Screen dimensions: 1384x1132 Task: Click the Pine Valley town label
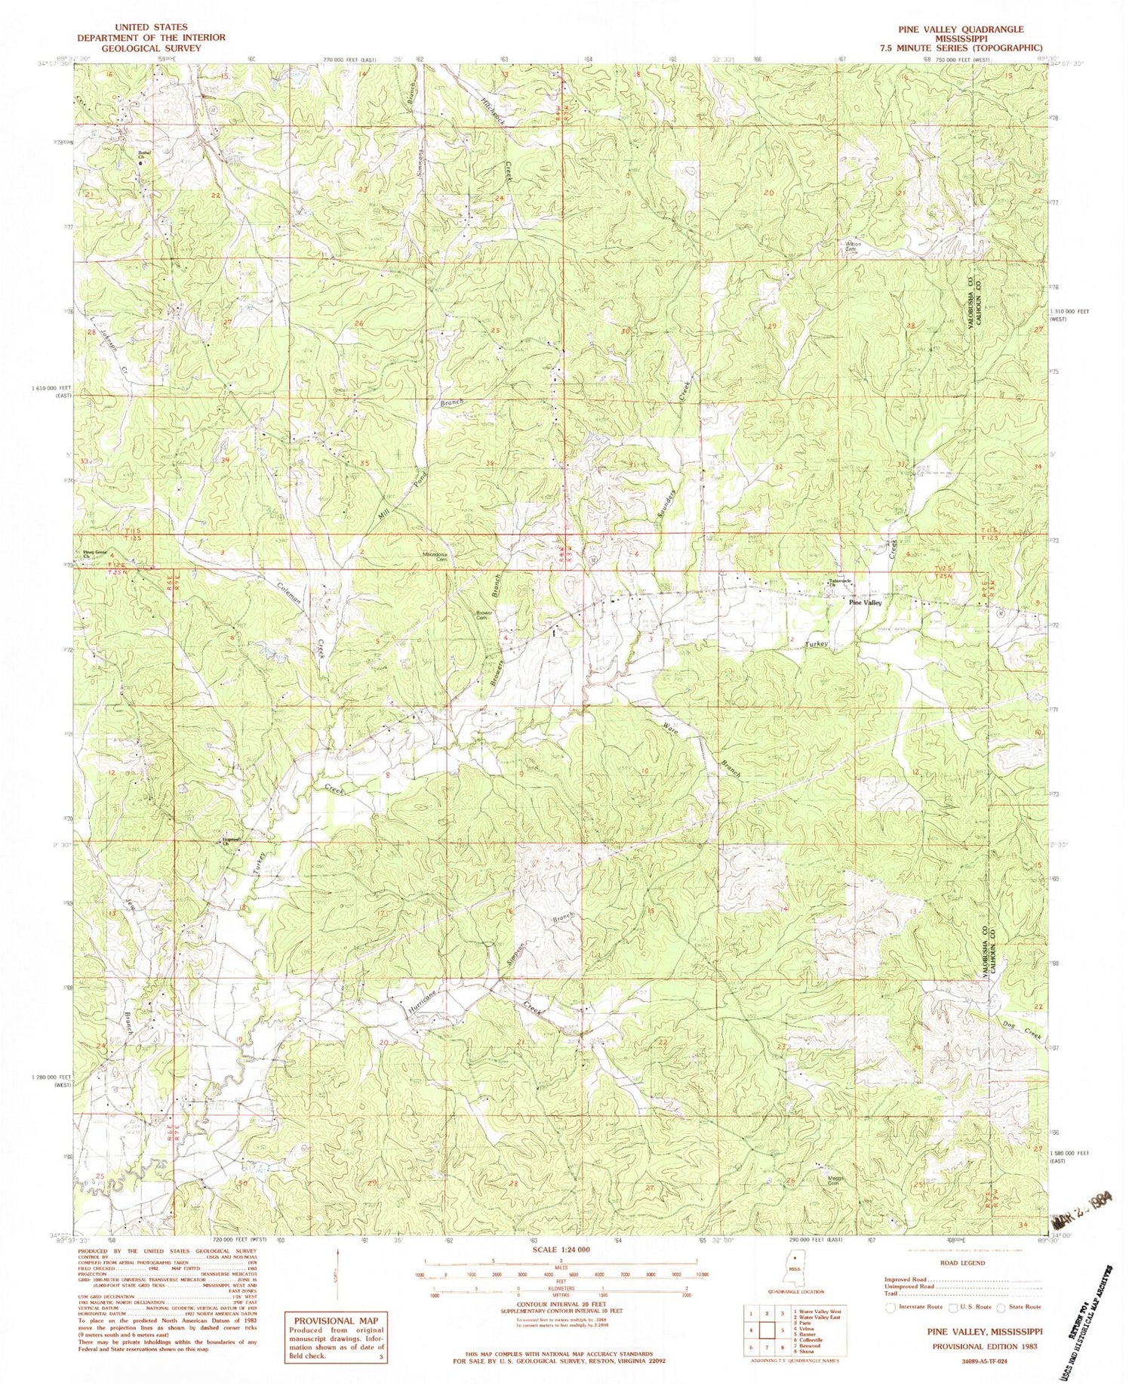865,603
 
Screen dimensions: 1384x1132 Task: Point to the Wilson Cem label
853,247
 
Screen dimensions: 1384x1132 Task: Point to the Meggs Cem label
832,1181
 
